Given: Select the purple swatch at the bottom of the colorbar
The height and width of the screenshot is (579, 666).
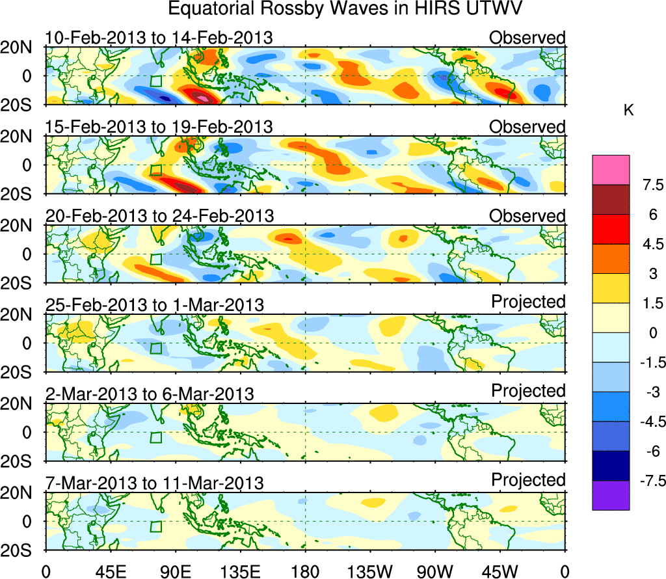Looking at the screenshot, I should click(611, 495).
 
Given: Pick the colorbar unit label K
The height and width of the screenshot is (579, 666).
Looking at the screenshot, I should click(628, 111).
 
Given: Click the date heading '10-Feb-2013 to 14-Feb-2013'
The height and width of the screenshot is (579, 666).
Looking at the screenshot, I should click(159, 38).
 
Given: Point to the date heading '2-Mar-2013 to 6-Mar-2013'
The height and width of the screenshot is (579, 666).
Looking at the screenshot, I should click(150, 394).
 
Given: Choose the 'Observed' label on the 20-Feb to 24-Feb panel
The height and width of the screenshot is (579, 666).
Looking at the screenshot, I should click(527, 215).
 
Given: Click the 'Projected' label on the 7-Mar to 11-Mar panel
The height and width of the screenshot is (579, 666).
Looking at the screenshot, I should click(528, 480).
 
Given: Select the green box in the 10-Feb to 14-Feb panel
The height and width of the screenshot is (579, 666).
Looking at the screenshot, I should click(155, 81).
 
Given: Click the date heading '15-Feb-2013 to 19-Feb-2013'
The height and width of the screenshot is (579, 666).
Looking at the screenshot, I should click(159, 126).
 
